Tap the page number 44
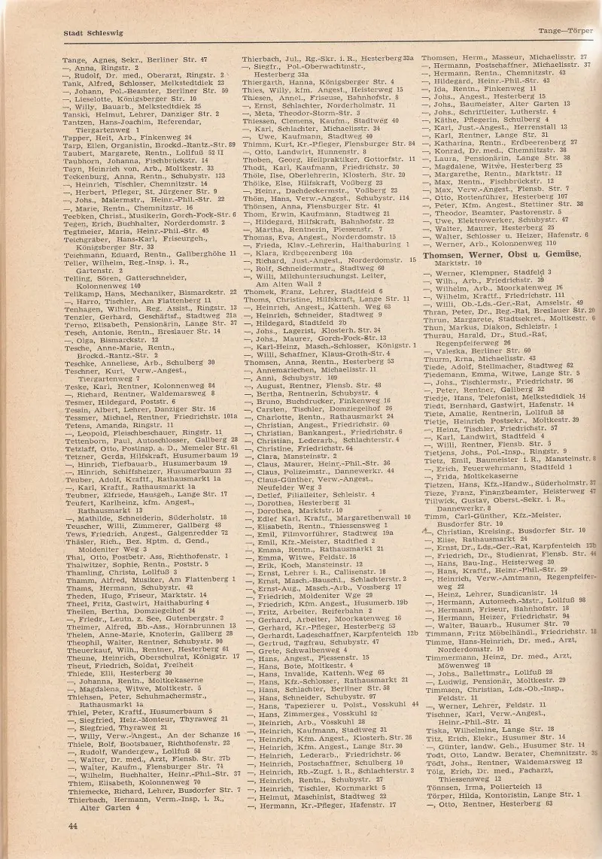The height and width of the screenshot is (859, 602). [73, 825]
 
